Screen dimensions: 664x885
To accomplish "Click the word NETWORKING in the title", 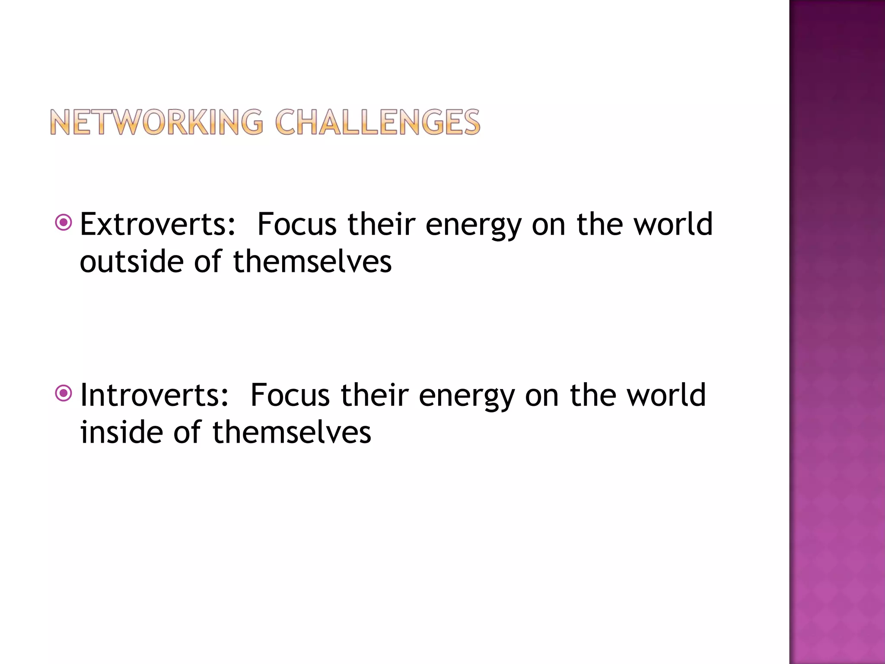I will pyautogui.click(x=156, y=122).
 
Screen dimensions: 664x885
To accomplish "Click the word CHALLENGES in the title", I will pyautogui.click(x=377, y=122).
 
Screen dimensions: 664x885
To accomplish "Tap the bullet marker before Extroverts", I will pyautogui.click(x=64, y=223).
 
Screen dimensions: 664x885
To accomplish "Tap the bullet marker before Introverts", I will pyautogui.click(x=64, y=393).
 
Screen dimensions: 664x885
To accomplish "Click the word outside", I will pyautogui.click(x=132, y=262).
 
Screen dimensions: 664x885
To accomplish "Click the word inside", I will pyautogui.click(x=122, y=432).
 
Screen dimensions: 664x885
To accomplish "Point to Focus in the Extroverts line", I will pyautogui.click(x=296, y=225).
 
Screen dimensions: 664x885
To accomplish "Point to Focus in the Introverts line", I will pyautogui.click(x=290, y=395).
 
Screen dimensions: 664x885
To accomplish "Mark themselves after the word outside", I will pyautogui.click(x=312, y=262).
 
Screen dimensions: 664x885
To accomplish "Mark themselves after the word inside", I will pyautogui.click(x=291, y=432).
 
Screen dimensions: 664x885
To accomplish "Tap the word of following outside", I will pyautogui.click(x=208, y=262).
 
